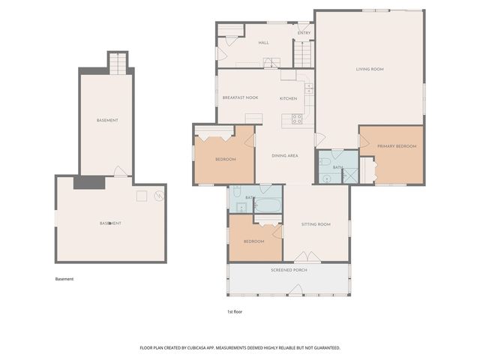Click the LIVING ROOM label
click(x=370, y=69)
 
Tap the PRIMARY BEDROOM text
click(x=396, y=146)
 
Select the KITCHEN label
click(x=289, y=98)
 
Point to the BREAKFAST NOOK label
click(x=240, y=98)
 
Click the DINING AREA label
click(x=285, y=155)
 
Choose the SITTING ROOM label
click(x=316, y=224)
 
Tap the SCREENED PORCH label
click(x=289, y=270)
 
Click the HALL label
click(x=264, y=43)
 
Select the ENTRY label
click(x=304, y=33)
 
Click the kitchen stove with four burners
click(x=297, y=118)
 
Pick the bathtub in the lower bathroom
click(x=268, y=204)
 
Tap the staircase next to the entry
click(x=301, y=54)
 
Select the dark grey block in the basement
click(x=88, y=182)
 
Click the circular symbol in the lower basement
click(x=158, y=196)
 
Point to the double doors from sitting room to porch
click(x=307, y=257)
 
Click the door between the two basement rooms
click(x=120, y=172)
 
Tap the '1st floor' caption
click(x=235, y=311)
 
